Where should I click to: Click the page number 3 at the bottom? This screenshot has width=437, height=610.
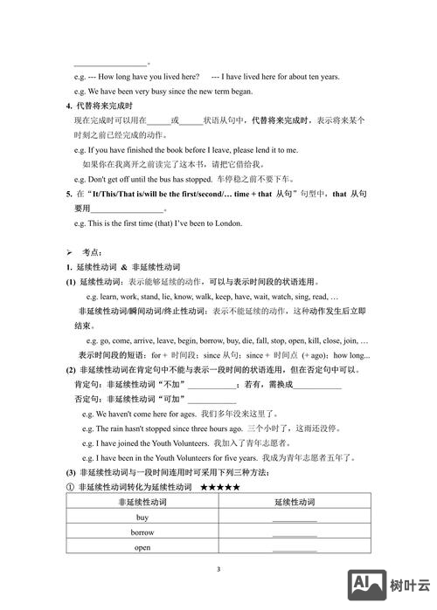[218, 569]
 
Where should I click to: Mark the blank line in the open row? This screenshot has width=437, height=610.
[295, 550]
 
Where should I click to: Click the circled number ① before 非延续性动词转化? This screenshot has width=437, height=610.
[71, 486]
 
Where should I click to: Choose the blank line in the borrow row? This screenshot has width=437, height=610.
[295, 535]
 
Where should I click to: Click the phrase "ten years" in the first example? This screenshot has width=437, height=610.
[321, 77]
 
